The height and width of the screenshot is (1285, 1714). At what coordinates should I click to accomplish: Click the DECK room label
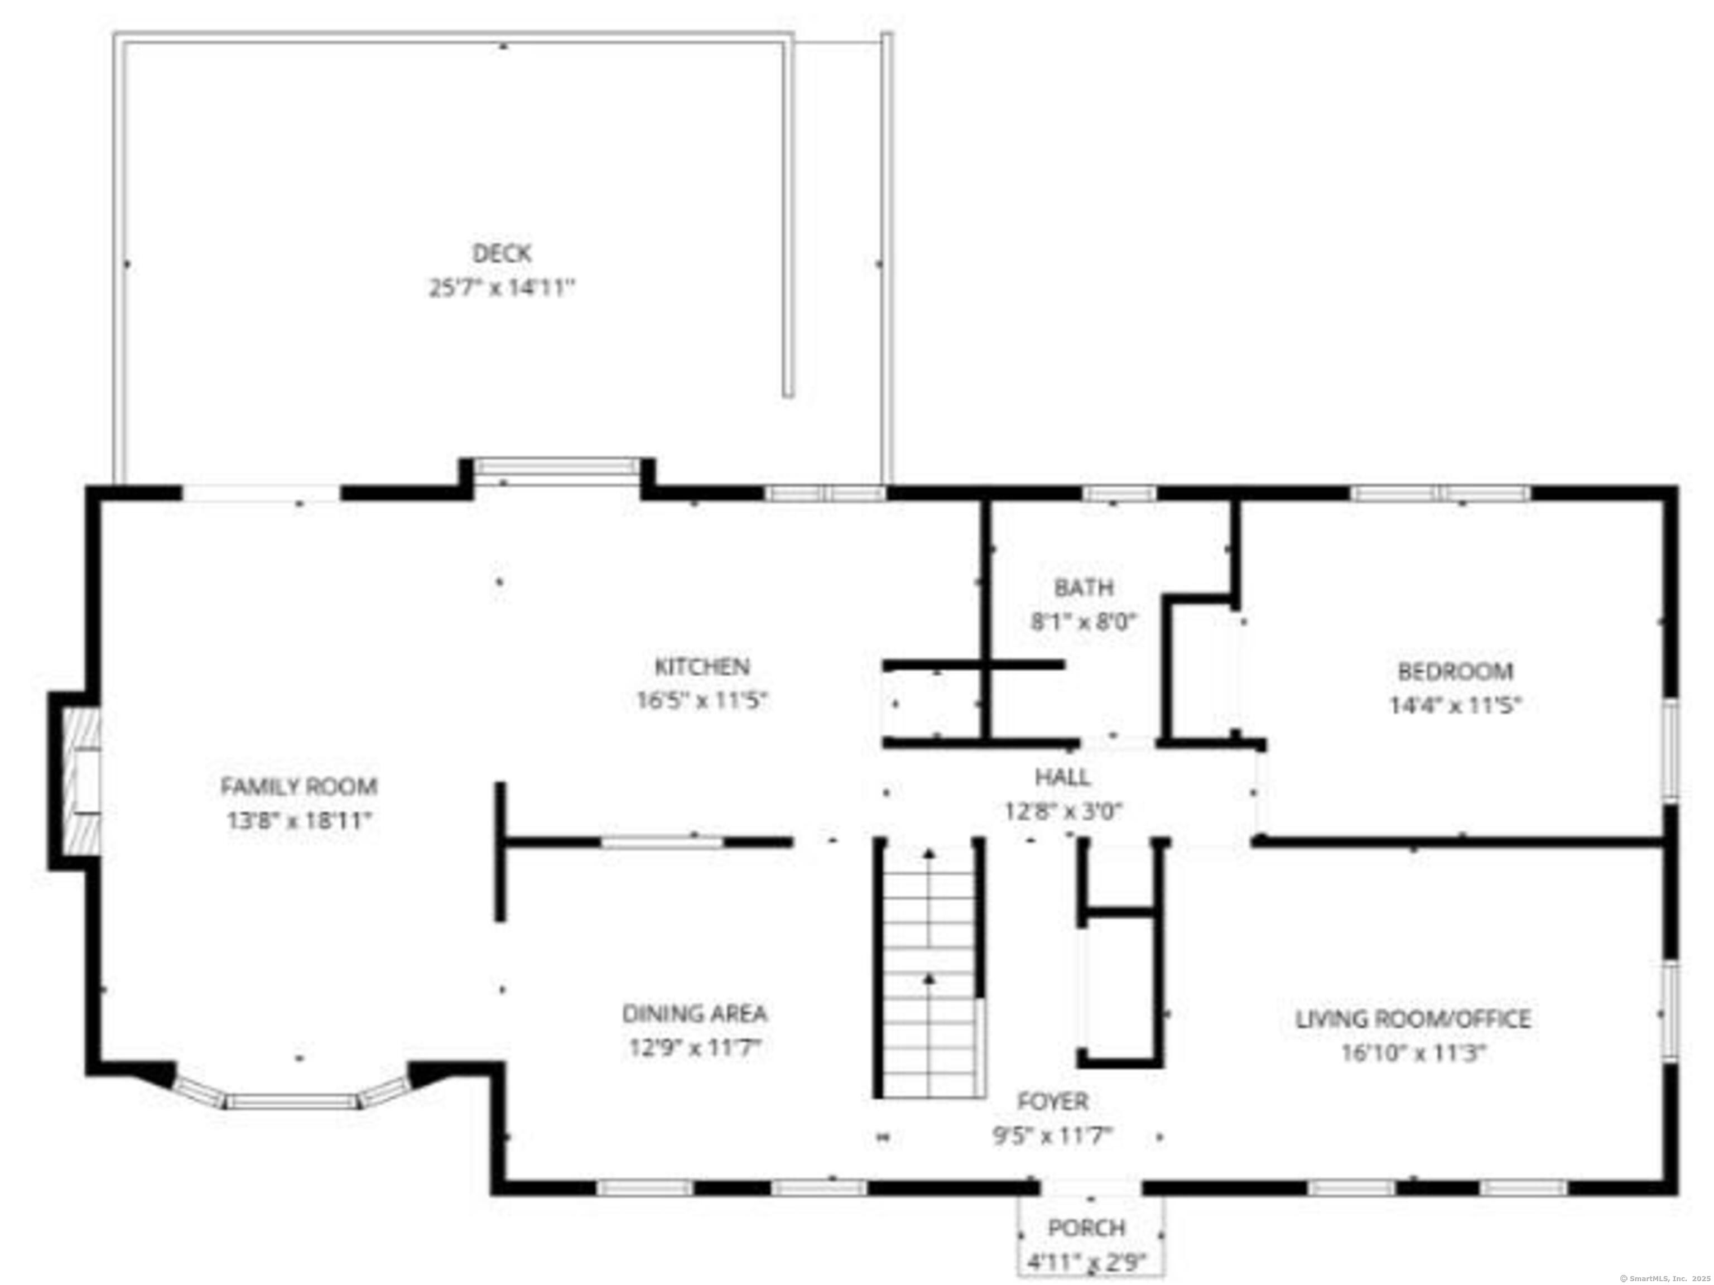(x=502, y=253)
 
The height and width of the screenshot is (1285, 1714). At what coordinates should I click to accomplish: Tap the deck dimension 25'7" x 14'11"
(x=502, y=288)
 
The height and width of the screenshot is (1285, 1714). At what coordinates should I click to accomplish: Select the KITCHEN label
(x=702, y=667)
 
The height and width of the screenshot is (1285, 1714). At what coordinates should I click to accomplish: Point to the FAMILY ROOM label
(x=299, y=787)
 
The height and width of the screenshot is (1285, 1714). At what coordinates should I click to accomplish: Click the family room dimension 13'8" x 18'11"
(x=299, y=821)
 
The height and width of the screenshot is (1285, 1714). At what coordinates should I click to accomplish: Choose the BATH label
(x=1084, y=588)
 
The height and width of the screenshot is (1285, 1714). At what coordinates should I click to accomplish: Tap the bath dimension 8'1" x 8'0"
(x=1084, y=622)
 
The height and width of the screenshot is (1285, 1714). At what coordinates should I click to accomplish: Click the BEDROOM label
(x=1455, y=671)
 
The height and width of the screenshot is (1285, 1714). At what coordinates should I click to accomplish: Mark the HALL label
(x=1062, y=777)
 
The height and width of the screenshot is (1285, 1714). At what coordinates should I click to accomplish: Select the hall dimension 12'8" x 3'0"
(x=1063, y=811)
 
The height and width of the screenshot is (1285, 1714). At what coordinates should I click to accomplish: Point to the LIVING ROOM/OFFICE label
(x=1413, y=1019)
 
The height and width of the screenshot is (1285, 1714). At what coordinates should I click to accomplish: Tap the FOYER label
(x=1053, y=1101)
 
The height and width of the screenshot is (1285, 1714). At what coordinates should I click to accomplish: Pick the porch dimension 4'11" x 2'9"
(x=1086, y=1263)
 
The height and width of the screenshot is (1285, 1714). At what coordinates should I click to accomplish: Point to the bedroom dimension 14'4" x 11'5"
(x=1455, y=706)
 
